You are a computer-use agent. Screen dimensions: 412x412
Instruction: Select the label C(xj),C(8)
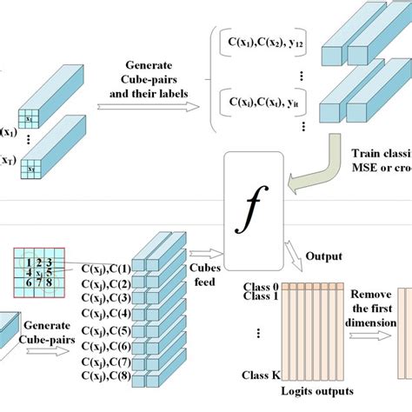point(107,375)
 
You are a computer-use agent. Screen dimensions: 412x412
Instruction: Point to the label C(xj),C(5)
point(107,329)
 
